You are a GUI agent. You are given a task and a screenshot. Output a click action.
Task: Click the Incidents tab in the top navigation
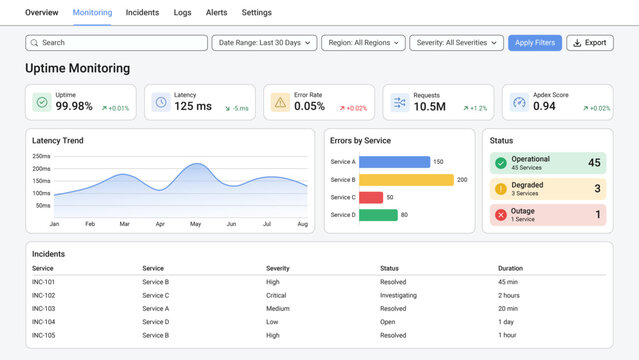[x=142, y=13]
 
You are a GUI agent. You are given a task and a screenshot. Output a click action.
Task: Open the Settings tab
[x=256, y=13]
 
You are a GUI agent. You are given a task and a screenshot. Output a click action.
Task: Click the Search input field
[x=115, y=43]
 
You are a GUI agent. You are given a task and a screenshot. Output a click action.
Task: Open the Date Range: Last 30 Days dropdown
[x=264, y=43]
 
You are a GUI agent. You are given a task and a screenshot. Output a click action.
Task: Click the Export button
[x=589, y=43]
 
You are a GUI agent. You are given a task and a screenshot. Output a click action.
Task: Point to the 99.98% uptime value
[x=74, y=106]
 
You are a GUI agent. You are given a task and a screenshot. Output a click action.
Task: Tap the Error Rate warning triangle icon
[x=280, y=102]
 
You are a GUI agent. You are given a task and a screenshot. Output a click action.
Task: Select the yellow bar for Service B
[x=406, y=180]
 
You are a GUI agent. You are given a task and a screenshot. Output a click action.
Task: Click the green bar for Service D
[x=377, y=214]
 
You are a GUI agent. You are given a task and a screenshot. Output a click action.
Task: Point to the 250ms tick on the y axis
[x=41, y=156]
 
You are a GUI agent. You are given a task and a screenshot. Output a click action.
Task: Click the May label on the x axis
[x=195, y=224]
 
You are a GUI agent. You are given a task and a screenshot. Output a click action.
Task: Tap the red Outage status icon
[x=500, y=214]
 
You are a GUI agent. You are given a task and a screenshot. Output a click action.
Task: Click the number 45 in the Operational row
[x=594, y=163]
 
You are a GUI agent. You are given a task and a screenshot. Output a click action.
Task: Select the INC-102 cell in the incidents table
[x=43, y=295]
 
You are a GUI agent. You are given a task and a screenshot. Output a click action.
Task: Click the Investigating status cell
[x=400, y=295]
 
